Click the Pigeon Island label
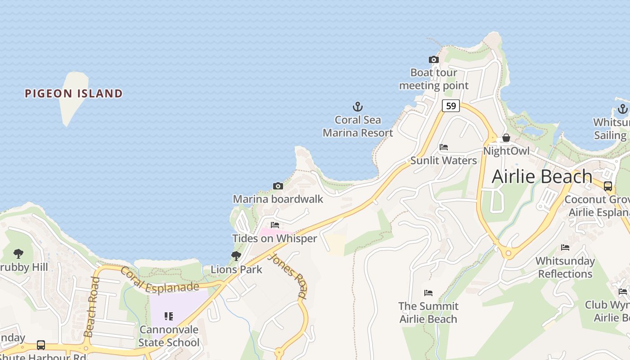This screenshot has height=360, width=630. pyautogui.click(x=73, y=94)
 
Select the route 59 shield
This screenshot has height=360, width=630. pyautogui.click(x=450, y=106)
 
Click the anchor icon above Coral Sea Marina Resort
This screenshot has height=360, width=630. pyautogui.click(x=357, y=107)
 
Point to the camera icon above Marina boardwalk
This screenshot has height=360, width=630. pyautogui.click(x=278, y=186)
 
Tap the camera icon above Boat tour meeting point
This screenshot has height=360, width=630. pyautogui.click(x=433, y=59)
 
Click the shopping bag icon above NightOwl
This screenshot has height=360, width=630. pyautogui.click(x=506, y=138)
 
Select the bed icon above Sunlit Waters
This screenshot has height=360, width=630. pyautogui.click(x=444, y=147)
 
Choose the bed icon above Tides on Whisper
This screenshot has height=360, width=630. pyautogui.click(x=275, y=225)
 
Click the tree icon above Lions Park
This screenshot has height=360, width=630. pyautogui.click(x=236, y=256)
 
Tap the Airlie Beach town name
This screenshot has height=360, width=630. pyautogui.click(x=542, y=176)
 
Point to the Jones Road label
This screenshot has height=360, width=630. pyautogui.click(x=288, y=276)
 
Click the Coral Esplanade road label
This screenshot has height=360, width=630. pyautogui.click(x=159, y=280)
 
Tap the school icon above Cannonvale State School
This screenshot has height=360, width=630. pyautogui.click(x=169, y=316)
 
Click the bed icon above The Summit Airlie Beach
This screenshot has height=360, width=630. pyautogui.click(x=428, y=293)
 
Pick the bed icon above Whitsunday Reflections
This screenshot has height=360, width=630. pyautogui.click(x=565, y=247)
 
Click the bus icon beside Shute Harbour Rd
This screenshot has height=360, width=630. pyautogui.click(x=41, y=345)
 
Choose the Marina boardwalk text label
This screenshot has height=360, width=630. pyautogui.click(x=278, y=199)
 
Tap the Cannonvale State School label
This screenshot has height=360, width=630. pyautogui.click(x=169, y=336)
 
